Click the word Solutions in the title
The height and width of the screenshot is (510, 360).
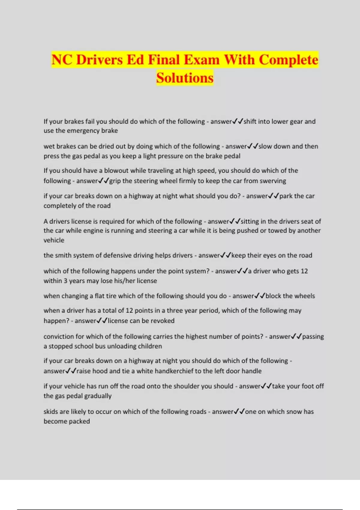pyautogui.click(x=185, y=78)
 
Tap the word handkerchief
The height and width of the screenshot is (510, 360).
pyautogui.click(x=165, y=371)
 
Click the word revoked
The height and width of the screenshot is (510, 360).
pyautogui.click(x=162, y=321)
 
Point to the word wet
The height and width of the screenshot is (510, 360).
pyautogui.click(x=49, y=146)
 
